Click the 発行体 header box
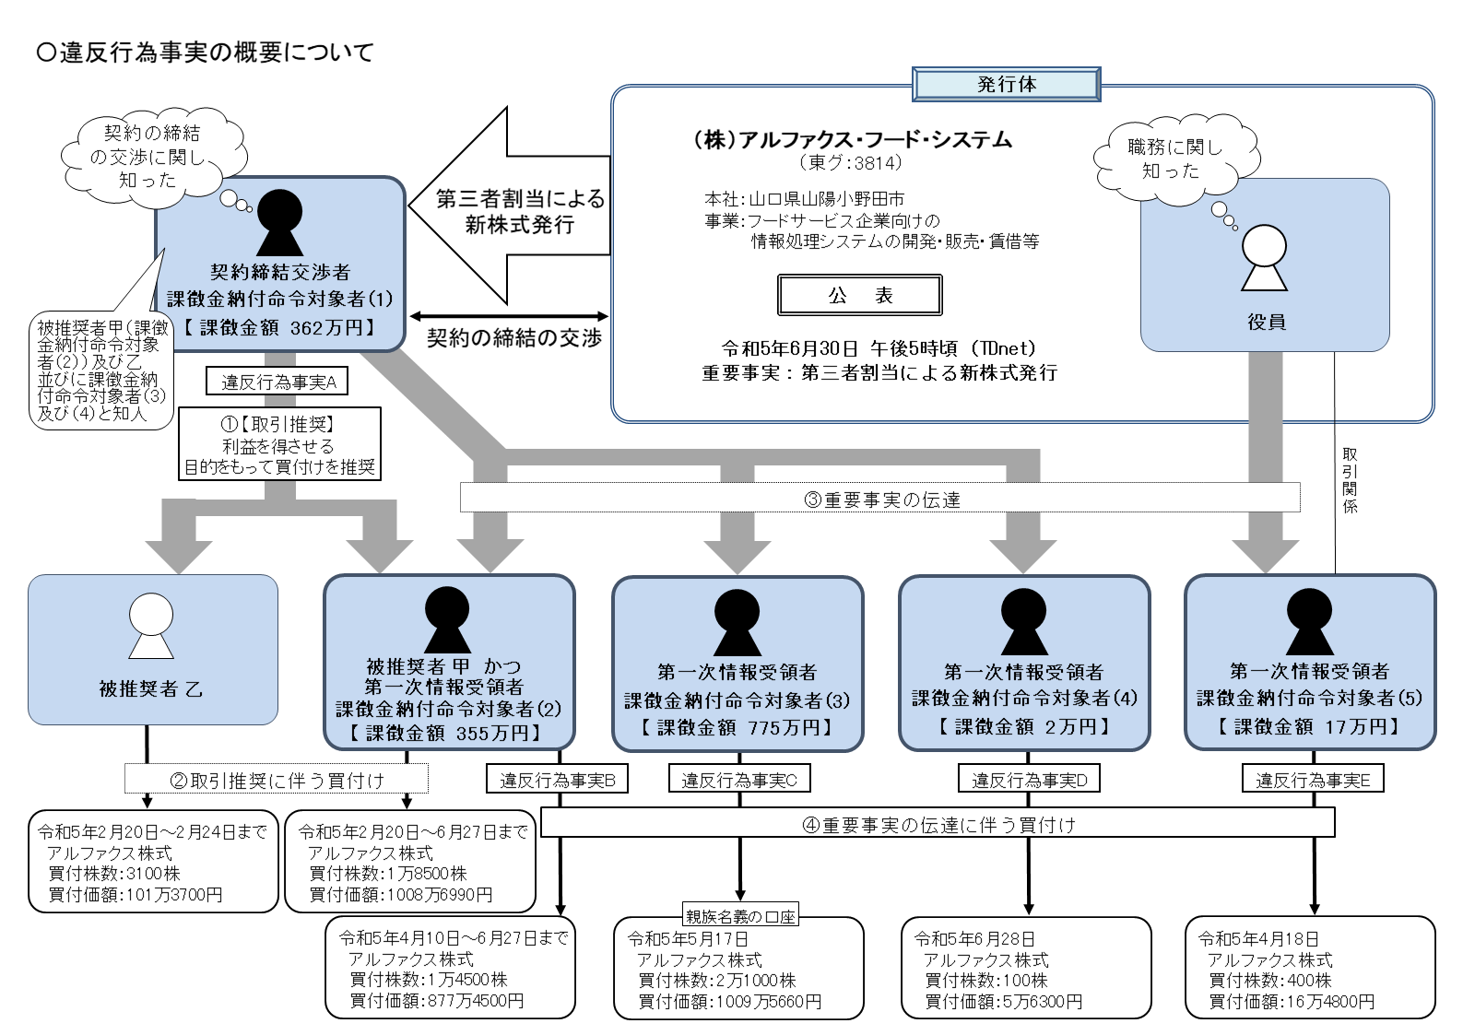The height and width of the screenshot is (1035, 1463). tap(1006, 84)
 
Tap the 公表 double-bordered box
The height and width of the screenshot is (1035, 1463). tap(859, 295)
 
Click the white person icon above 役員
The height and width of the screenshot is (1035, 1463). tap(1264, 257)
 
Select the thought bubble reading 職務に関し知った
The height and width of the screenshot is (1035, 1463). tap(1174, 159)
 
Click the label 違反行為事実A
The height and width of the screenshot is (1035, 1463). tap(278, 382)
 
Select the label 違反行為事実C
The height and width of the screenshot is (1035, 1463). tap(738, 780)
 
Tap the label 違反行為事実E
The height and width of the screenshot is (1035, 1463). tap(1313, 780)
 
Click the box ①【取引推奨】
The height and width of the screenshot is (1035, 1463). tap(279, 445)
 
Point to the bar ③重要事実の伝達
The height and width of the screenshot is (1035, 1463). tap(880, 499)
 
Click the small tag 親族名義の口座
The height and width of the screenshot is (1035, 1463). tap(740, 916)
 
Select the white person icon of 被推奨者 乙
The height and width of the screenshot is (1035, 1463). tap(151, 624)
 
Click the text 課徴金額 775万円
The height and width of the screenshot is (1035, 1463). tap(737, 727)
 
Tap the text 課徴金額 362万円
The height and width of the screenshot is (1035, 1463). tap(279, 327)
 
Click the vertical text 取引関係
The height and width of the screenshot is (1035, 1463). tap(1349, 480)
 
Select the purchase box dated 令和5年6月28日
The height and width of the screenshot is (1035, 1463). tap(1025, 968)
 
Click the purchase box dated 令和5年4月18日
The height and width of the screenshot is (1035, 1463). tap(1310, 968)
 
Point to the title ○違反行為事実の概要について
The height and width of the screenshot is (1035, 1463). tap(205, 53)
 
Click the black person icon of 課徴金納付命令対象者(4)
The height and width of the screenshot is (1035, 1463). tap(1023, 621)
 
